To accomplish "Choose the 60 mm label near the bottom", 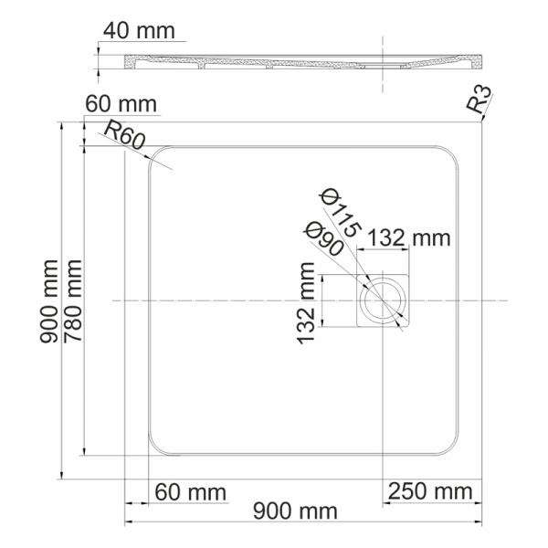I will click(190, 492).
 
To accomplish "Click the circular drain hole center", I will click(383, 300).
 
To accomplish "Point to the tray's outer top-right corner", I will click(479, 121).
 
